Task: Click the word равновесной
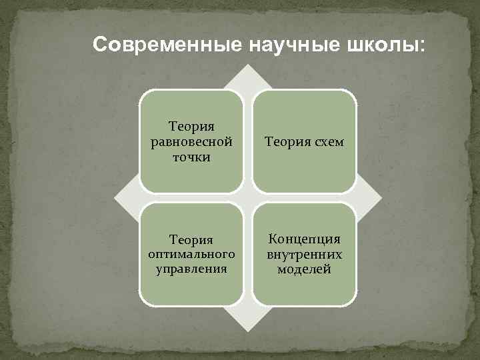(191, 141)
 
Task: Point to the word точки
(191, 157)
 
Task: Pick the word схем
(326, 142)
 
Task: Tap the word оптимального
(191, 255)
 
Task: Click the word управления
(191, 269)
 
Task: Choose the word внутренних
(305, 254)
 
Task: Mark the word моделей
(305, 269)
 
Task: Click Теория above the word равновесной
(191, 125)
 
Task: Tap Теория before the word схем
(285, 142)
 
